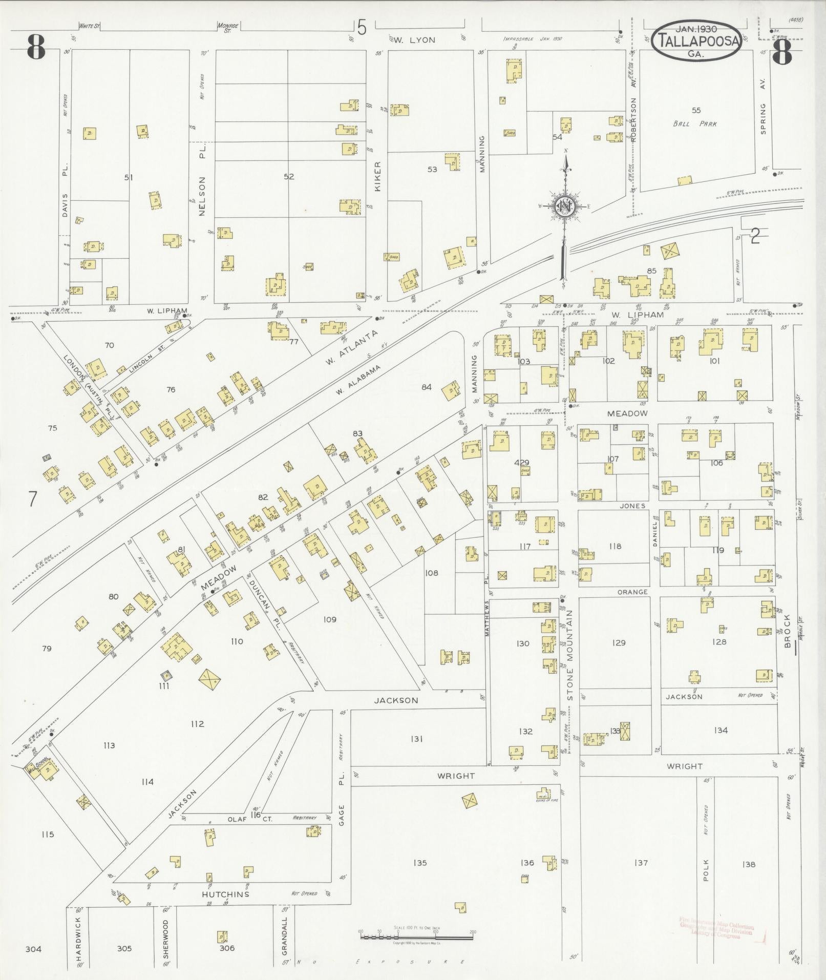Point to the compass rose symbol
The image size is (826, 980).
(565, 206)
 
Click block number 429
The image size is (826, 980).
(521, 463)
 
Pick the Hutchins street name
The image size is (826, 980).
(225, 894)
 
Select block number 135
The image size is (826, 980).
(419, 863)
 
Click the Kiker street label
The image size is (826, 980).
(378, 177)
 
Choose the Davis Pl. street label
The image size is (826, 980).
(65, 191)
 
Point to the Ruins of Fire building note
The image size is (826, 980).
(546, 800)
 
